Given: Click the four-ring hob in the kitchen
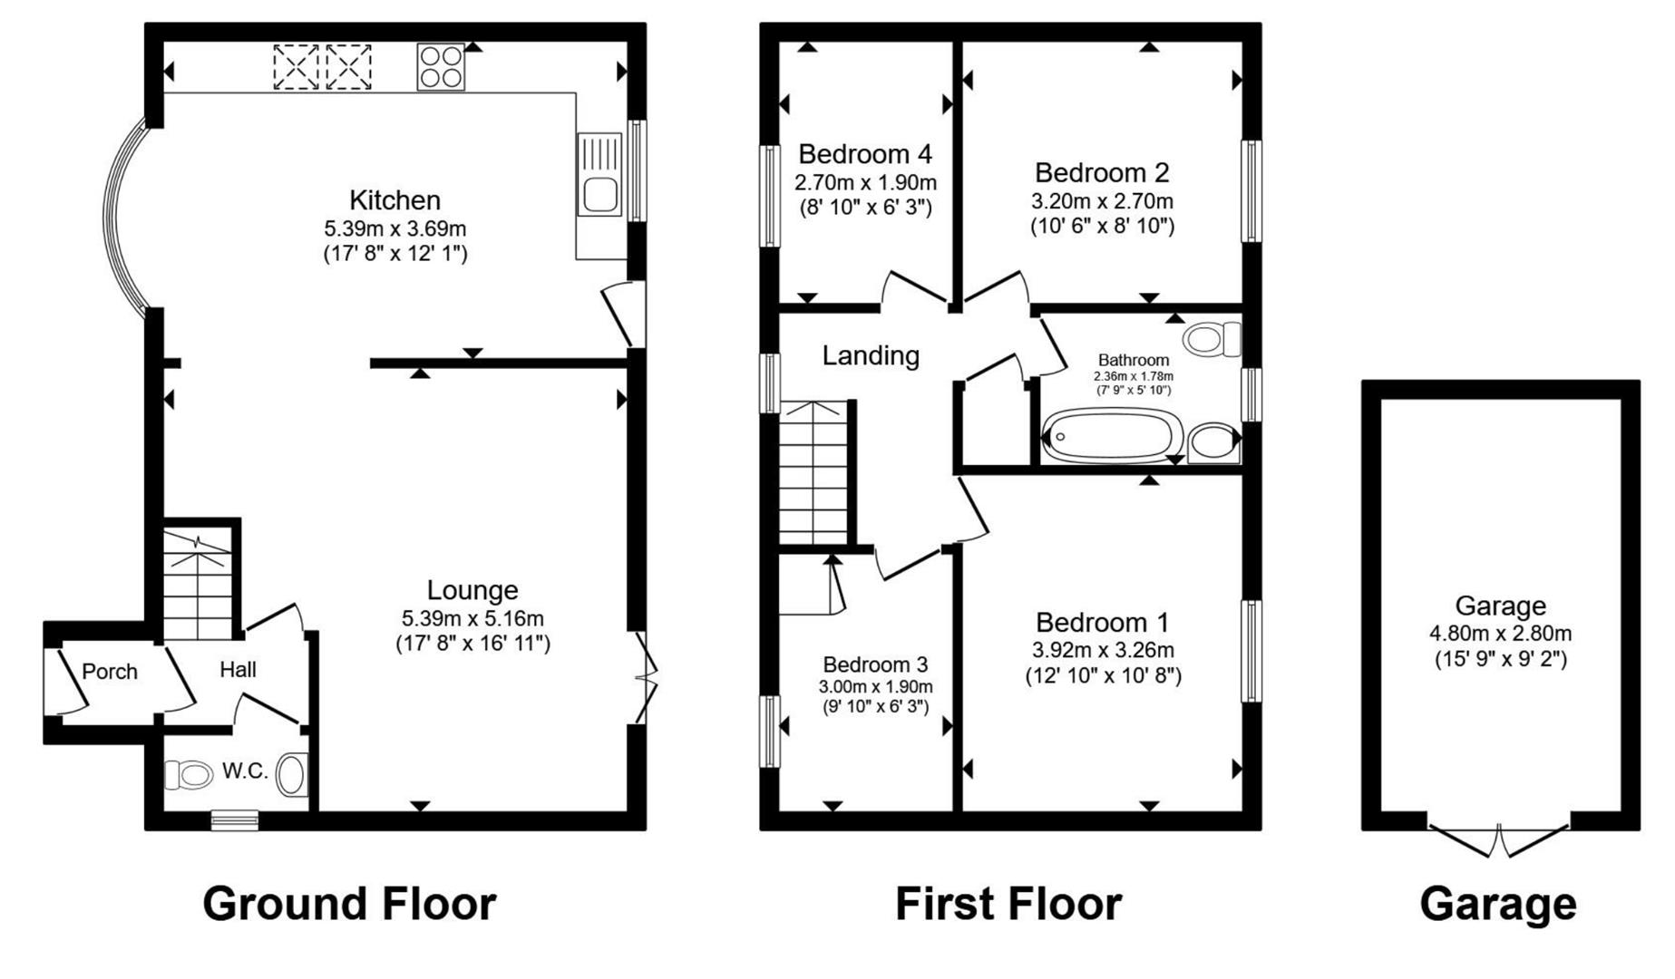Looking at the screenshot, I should point(441,66).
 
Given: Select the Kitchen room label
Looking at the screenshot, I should point(394,199).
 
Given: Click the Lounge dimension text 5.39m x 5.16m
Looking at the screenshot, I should point(472,618).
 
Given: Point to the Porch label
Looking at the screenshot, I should point(110,672).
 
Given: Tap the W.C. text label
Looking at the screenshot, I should point(245,771).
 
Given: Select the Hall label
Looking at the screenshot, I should point(238,670).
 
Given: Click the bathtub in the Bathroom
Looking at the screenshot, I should point(1112,437).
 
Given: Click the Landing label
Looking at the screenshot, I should point(870,355).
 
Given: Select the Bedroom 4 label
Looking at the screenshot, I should point(864,154).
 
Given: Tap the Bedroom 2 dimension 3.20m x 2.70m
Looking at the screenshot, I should point(1102,200).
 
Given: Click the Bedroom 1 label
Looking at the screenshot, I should point(1102,623).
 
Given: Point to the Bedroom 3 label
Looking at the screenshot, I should point(875,665).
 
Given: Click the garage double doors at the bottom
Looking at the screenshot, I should point(1498,840).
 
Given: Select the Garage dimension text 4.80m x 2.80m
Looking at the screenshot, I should point(1500,634).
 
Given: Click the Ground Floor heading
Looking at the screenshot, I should point(349,904).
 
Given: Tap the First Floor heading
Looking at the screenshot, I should point(1008,904).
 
